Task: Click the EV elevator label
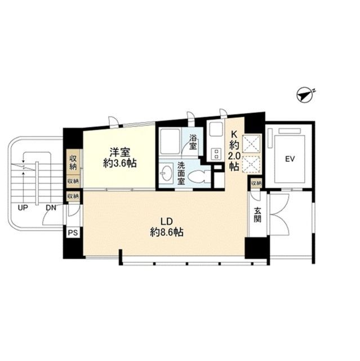point(290,159)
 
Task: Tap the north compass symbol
point(305,94)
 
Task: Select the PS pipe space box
point(73,233)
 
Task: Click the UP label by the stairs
point(23,208)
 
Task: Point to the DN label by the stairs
point(51,208)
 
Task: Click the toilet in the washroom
point(199,177)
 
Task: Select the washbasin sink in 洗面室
point(166,173)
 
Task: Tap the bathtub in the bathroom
point(170,142)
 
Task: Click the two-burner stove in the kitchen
point(216,154)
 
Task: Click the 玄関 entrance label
point(257,215)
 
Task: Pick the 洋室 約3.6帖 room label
point(120,158)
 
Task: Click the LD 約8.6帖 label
point(166,227)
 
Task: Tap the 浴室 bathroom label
point(193,142)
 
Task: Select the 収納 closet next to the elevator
point(256,183)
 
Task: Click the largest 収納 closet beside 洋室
point(73,162)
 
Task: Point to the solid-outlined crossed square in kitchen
point(251,144)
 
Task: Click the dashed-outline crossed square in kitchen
point(251,164)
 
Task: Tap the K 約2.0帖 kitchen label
point(234,151)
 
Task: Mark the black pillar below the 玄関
point(256,248)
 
